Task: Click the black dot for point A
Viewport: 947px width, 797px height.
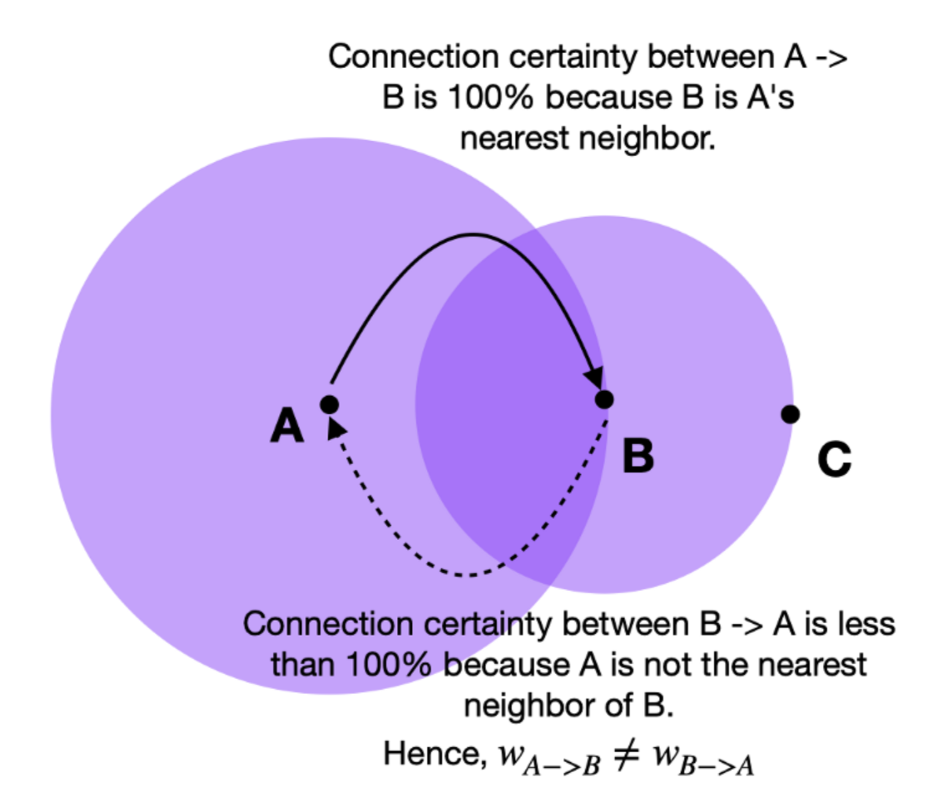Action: (329, 405)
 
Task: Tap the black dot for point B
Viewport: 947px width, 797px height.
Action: (604, 400)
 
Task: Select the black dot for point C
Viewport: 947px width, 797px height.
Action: (790, 414)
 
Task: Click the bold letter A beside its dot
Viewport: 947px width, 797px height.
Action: (287, 426)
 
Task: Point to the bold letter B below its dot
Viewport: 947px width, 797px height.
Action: (637, 455)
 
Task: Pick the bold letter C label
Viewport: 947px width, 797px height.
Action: (834, 459)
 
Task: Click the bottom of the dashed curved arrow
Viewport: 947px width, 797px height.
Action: (465, 574)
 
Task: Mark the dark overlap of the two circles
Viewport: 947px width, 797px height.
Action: (508, 405)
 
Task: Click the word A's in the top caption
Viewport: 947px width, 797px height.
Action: (770, 97)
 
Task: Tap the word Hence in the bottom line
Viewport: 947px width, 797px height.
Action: (434, 754)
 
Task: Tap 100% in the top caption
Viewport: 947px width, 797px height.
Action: (490, 97)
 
